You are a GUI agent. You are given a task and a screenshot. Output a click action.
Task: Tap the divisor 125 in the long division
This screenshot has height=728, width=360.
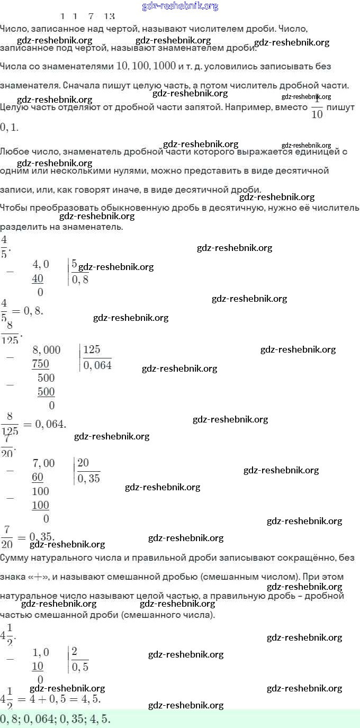92,349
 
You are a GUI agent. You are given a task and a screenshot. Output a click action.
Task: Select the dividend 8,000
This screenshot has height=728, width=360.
47,350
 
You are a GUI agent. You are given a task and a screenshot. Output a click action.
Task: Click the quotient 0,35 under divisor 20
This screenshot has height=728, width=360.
88,479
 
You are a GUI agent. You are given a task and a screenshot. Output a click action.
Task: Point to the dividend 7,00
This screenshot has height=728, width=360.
43,463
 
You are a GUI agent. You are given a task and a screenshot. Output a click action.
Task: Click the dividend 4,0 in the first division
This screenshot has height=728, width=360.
41,264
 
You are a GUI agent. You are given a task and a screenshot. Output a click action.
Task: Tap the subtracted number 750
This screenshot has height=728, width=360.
41,364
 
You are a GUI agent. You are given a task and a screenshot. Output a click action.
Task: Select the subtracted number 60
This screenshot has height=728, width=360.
38,477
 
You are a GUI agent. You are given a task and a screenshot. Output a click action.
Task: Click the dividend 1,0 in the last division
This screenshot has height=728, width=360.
41,652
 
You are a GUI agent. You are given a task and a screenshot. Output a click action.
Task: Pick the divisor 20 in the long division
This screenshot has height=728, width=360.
83,463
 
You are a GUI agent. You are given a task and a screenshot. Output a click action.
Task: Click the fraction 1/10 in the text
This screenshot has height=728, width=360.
317,107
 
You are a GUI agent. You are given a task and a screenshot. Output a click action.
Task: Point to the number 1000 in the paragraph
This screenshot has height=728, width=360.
160,66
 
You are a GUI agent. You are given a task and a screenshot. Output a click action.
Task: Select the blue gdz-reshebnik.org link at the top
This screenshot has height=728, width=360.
180,6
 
